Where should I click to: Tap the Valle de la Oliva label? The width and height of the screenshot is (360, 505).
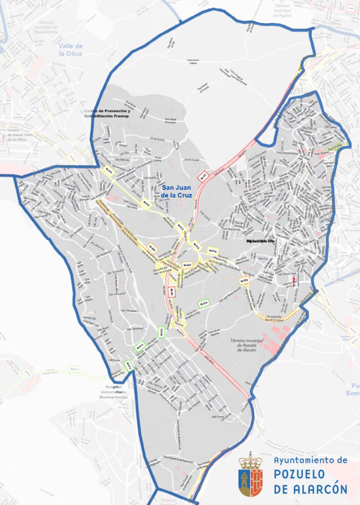click(x=71, y=49)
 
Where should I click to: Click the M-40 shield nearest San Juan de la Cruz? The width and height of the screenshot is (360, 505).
click(x=203, y=177)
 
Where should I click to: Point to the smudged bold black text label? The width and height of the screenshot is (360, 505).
click(x=260, y=241)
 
